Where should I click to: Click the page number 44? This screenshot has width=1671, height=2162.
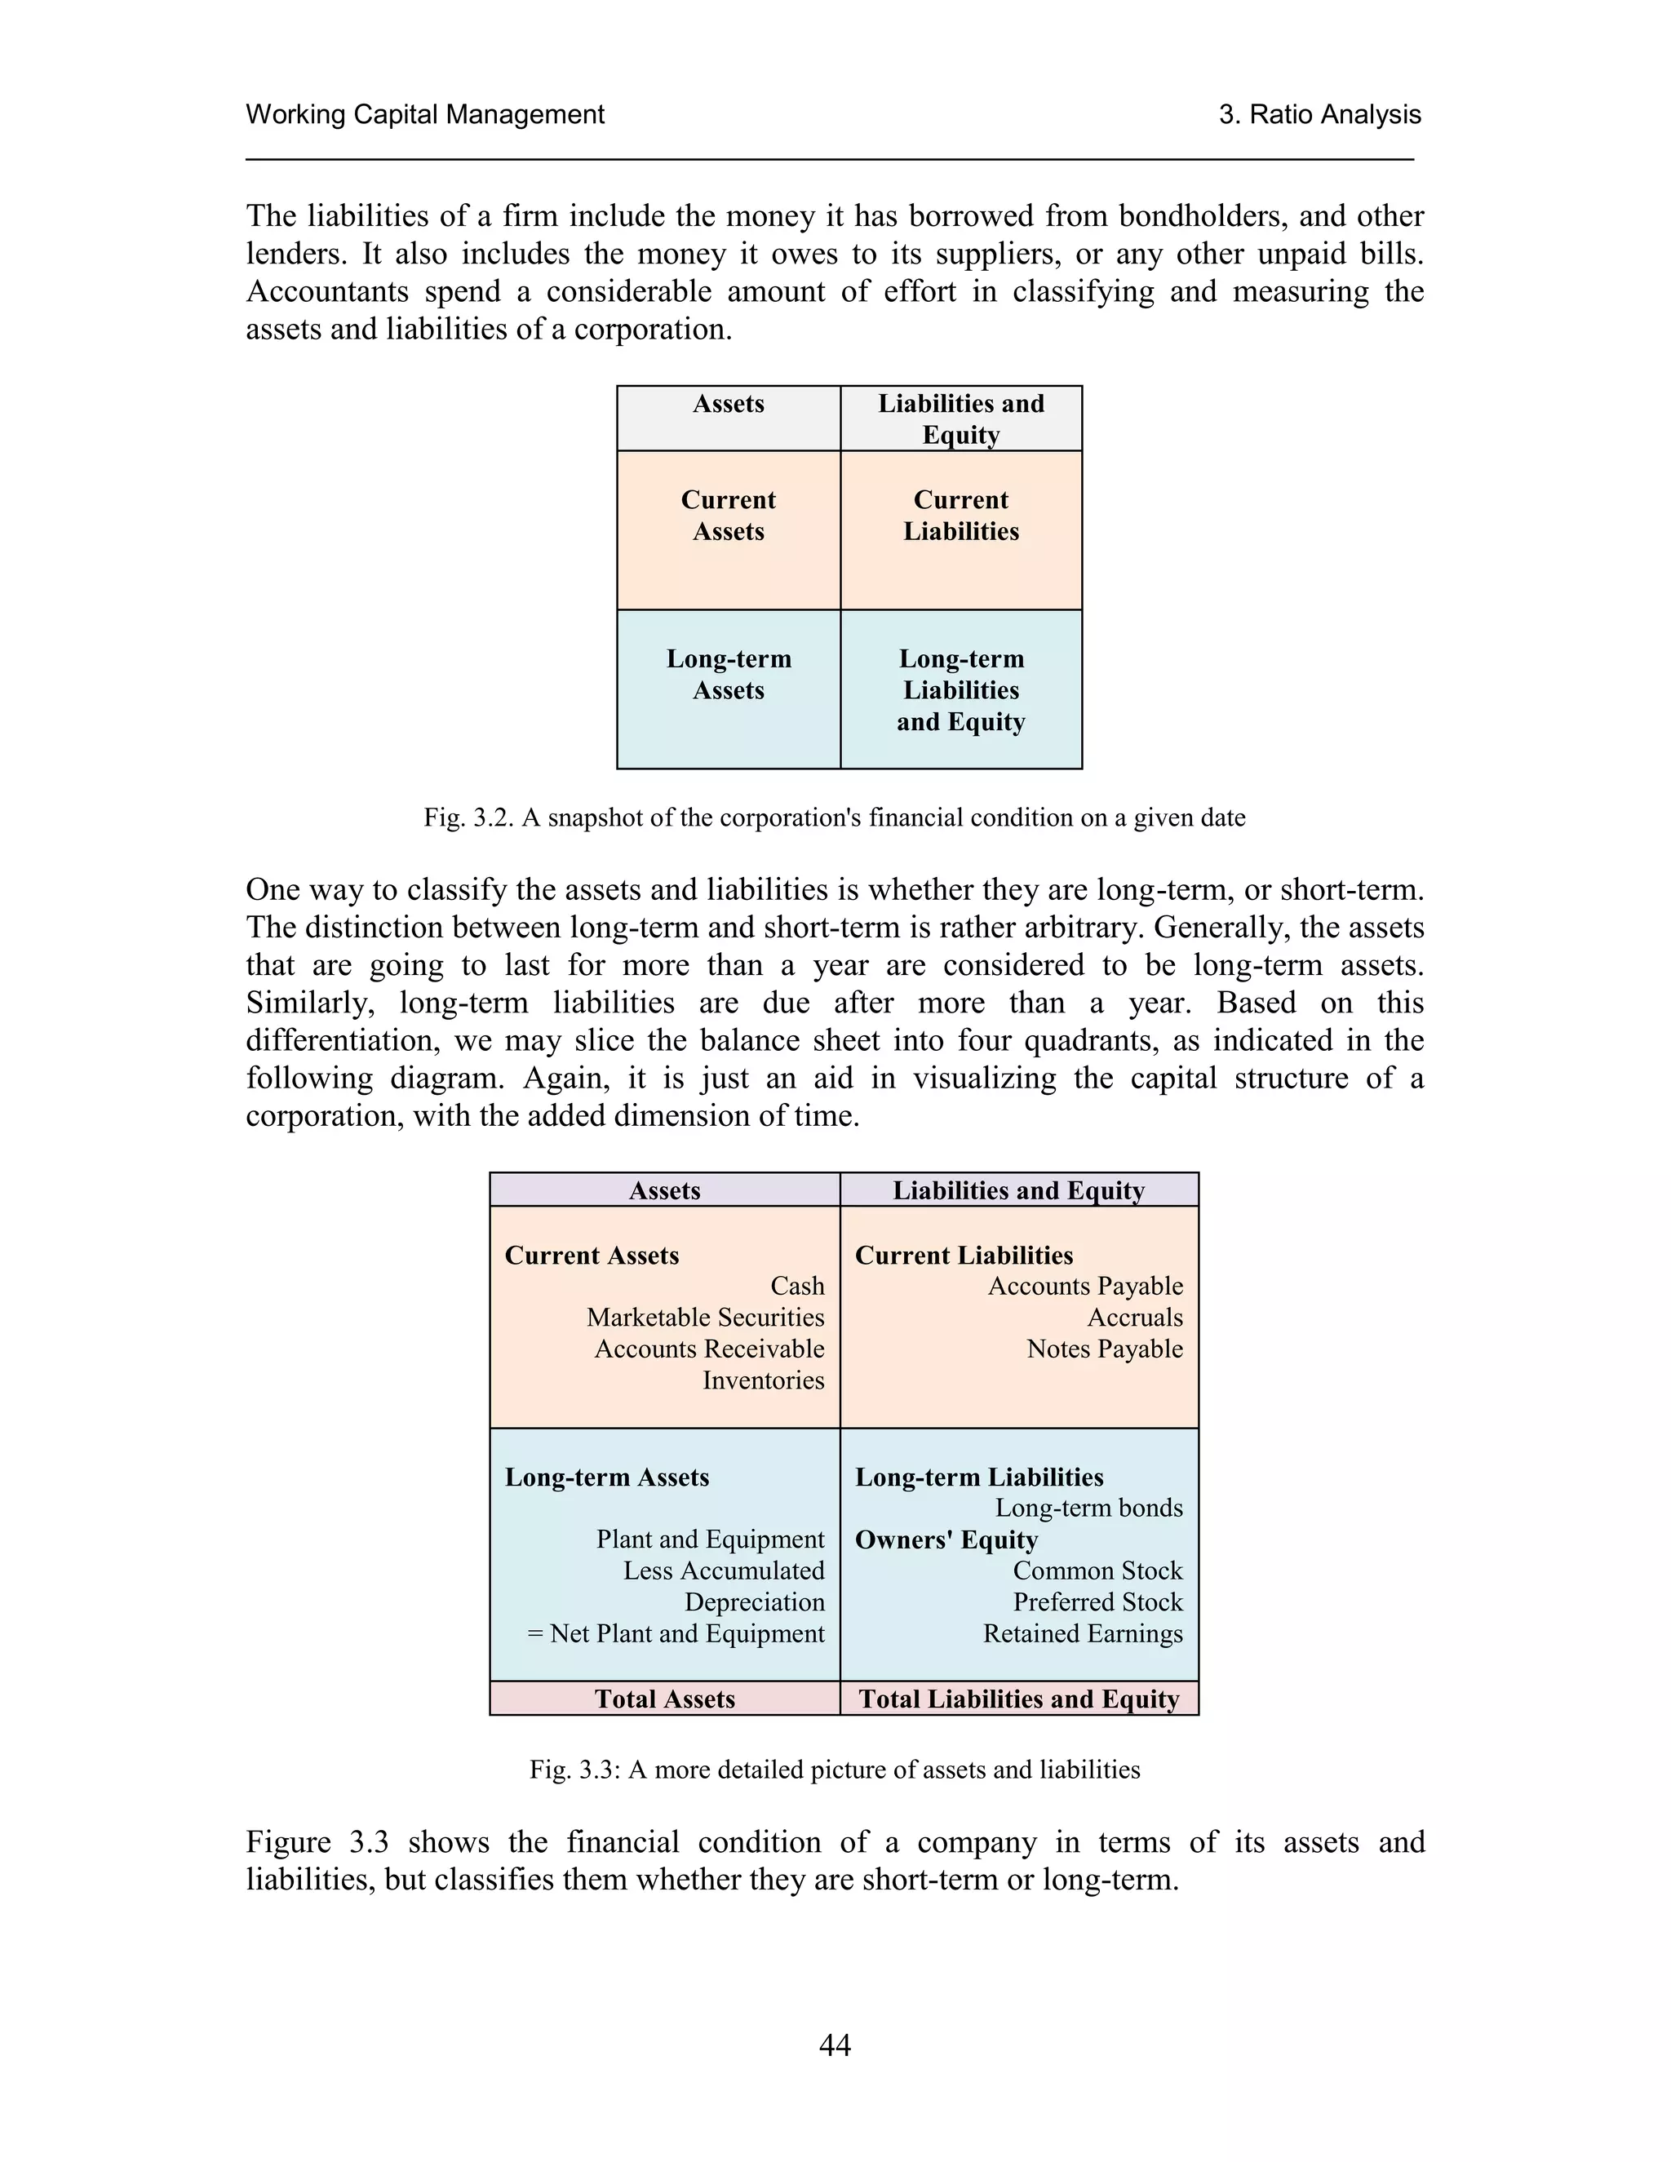[x=835, y=2045]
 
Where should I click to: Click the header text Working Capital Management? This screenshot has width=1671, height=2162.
[x=424, y=115]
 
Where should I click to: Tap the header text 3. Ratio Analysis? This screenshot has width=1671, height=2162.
[x=1319, y=115]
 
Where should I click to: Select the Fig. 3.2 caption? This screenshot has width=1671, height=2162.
[x=835, y=817]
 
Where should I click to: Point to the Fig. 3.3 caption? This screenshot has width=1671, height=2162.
[x=835, y=1769]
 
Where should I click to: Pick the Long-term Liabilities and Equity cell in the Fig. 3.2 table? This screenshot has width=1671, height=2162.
[x=960, y=690]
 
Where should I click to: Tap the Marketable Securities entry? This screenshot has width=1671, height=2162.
[x=705, y=1318]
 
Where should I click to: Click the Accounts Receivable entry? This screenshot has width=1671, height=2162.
[x=709, y=1349]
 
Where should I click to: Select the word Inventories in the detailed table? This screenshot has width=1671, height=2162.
[x=763, y=1380]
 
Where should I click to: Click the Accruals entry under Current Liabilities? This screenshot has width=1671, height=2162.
[x=1134, y=1318]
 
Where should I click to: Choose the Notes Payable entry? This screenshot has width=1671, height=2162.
[x=1105, y=1349]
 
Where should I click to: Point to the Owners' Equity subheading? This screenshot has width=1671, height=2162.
[x=946, y=1540]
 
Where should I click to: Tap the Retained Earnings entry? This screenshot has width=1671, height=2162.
[x=1082, y=1633]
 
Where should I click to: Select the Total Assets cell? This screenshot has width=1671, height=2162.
[x=664, y=1699]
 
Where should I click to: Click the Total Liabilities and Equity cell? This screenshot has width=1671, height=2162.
[x=1018, y=1699]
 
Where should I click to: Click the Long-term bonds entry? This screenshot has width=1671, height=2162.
[x=1089, y=1508]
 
